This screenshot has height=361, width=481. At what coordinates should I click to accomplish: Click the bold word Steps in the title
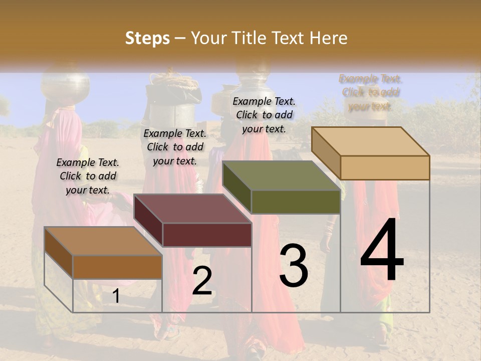147,38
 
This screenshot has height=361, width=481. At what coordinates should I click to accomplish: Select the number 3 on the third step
294,266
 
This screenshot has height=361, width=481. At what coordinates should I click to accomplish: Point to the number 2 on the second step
202,281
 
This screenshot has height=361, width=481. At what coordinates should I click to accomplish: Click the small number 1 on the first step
116,296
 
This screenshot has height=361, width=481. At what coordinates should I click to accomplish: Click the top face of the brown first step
103,241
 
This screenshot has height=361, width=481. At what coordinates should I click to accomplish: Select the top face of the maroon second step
192,209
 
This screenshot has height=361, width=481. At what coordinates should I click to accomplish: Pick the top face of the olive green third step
282,175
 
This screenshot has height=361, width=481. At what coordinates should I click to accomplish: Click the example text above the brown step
88,176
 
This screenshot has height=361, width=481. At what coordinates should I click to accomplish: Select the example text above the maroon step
175,147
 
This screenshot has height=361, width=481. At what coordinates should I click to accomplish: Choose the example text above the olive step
264,115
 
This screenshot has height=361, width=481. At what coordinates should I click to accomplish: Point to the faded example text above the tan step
370,92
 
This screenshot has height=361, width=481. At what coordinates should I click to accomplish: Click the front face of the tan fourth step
385,167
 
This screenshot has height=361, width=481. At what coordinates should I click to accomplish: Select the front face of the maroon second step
207,235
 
